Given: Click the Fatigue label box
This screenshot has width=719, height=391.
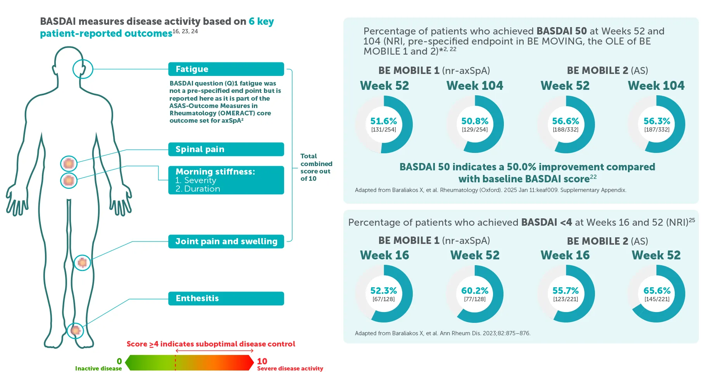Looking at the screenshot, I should pos(226,69).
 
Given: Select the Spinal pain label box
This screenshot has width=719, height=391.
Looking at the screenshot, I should pos(226,149).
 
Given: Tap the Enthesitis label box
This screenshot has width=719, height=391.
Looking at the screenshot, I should pos(226,298).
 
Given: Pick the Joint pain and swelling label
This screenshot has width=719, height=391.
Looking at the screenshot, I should pos(226,241).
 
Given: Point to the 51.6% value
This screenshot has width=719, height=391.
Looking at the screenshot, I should pos(383,121).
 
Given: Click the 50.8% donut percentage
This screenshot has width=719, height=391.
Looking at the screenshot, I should pos(474,121).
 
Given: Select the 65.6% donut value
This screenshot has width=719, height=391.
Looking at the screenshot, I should pos(657,291).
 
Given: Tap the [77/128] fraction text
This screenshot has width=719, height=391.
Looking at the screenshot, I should pos(474,299).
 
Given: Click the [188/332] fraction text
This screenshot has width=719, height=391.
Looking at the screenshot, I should pos(566,130).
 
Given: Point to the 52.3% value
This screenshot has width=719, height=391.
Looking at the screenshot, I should pos(383,291).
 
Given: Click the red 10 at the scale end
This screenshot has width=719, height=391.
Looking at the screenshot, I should pos(262,361).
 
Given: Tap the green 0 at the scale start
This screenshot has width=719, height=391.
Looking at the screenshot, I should pos(119,361).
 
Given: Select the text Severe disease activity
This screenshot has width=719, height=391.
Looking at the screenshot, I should pos(290,369).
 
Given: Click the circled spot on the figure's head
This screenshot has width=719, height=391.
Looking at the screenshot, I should pos(83,69).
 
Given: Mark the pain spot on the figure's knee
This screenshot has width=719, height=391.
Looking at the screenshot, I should pos(82,263).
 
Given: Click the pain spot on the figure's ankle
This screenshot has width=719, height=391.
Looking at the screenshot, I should pos(75,331).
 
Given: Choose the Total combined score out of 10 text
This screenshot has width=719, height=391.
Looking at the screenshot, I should pos(316,167).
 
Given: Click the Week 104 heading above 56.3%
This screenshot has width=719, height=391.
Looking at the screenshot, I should pos(656,86).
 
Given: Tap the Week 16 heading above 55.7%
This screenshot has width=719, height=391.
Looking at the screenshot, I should pos(565,255).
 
